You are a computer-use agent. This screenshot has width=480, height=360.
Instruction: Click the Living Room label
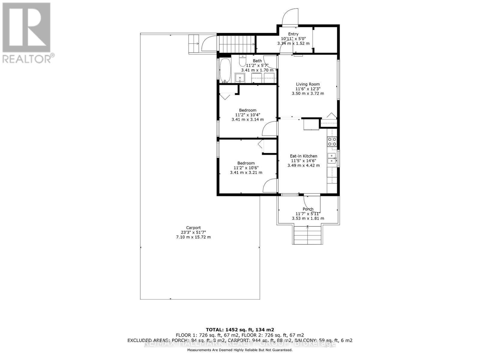click(x=308, y=84)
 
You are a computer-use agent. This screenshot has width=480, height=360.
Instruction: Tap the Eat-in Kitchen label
click(x=303, y=156)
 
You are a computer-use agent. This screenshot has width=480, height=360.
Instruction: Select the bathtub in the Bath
click(x=225, y=70)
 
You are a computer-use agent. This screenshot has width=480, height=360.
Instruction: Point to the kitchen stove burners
click(x=332, y=142)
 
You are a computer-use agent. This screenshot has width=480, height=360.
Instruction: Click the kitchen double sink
click(x=331, y=158)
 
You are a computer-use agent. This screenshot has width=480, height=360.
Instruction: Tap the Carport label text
click(x=193, y=228)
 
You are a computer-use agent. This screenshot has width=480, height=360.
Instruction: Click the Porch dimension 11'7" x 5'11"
click(x=308, y=214)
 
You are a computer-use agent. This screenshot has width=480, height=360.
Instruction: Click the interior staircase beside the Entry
click(x=236, y=44)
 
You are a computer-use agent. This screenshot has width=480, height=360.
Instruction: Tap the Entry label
click(x=293, y=34)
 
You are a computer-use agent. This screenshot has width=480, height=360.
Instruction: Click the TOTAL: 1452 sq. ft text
click(x=240, y=329)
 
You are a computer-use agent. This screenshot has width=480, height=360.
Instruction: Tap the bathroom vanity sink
click(x=240, y=78)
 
